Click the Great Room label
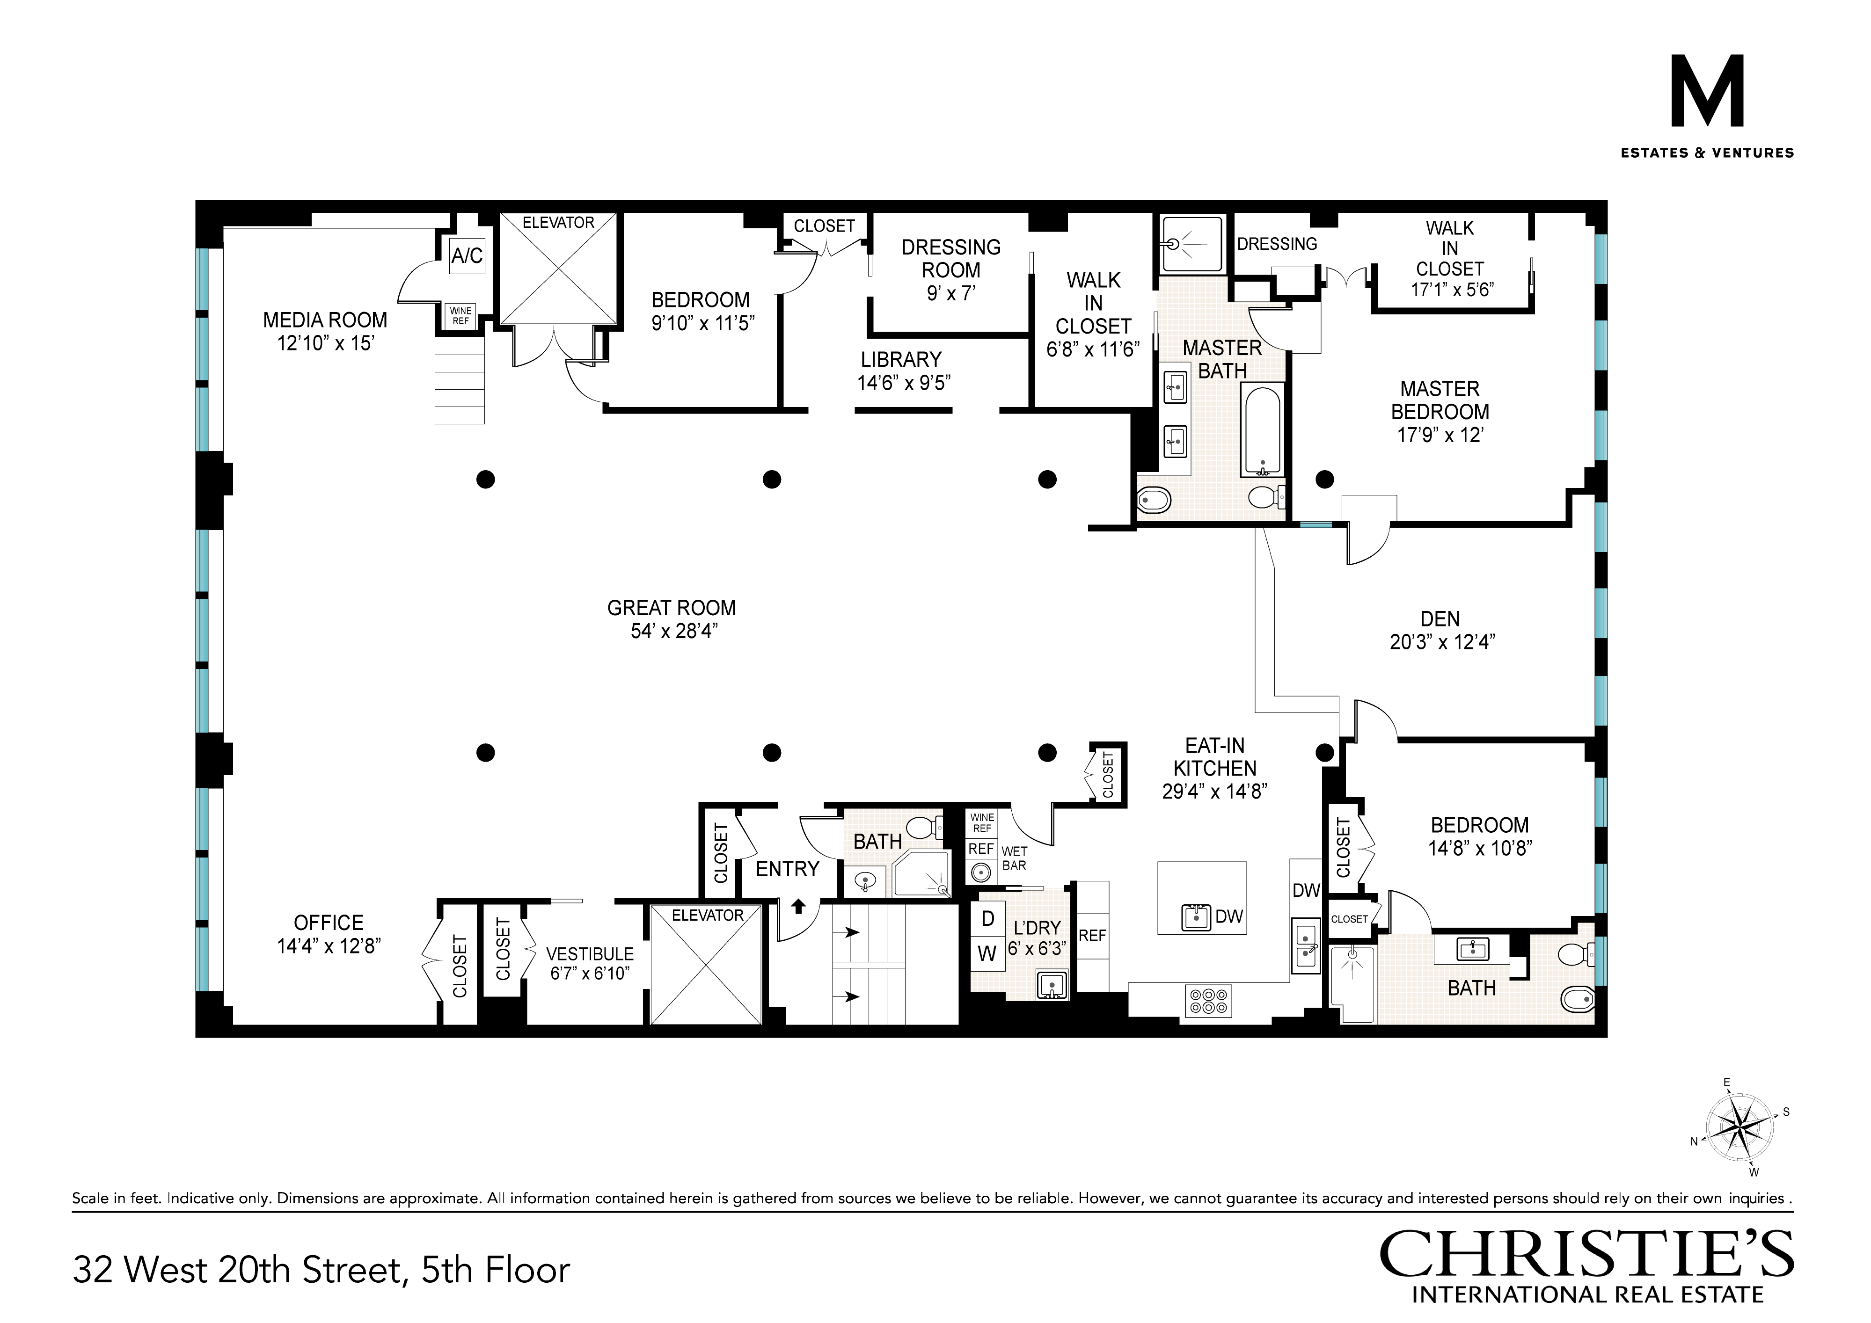coord(672,608)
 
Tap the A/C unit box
coord(467,256)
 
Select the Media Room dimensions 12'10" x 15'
coord(325,343)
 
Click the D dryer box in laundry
coord(987,918)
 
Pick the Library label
coord(901,359)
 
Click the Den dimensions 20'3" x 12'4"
coord(1441,642)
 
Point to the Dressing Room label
coord(951,258)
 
